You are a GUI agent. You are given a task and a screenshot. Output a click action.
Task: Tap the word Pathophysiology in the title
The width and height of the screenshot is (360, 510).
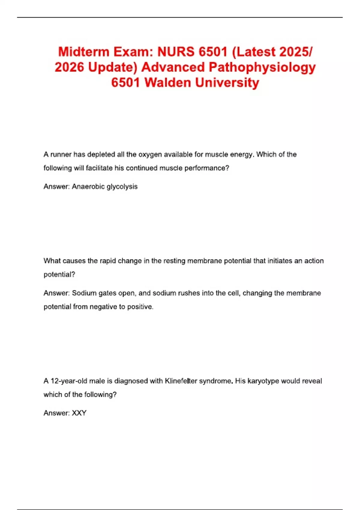(262, 67)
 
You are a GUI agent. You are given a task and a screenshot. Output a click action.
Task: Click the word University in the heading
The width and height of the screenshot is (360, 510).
(227, 82)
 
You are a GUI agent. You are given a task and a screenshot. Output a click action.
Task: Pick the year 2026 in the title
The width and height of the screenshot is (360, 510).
(69, 67)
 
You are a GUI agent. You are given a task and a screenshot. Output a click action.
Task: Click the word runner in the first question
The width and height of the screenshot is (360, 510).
(61, 154)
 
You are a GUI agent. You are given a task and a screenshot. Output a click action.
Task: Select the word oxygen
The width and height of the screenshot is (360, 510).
(150, 154)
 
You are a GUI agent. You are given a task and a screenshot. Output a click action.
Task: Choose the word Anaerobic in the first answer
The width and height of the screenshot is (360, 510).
(88, 187)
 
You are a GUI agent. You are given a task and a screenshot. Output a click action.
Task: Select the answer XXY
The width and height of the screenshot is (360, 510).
(79, 413)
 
